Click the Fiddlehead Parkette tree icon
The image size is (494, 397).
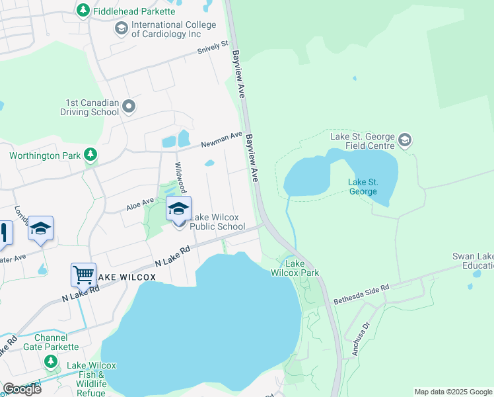pos(83,11)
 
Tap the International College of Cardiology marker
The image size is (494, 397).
pos(121,28)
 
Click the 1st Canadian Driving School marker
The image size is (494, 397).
pos(129,106)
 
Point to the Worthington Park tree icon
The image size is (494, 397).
pos(90,155)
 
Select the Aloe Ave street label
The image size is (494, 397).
pos(140,204)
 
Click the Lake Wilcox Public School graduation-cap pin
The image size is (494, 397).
pos(178,209)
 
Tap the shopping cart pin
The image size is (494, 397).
pos(83,275)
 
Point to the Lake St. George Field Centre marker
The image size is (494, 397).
pos(405,141)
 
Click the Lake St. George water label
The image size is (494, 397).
pos(363,187)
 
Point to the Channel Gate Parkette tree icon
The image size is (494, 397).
pos(51,361)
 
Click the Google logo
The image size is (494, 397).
pos(22,389)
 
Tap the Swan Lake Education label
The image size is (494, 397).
pos(472,261)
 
